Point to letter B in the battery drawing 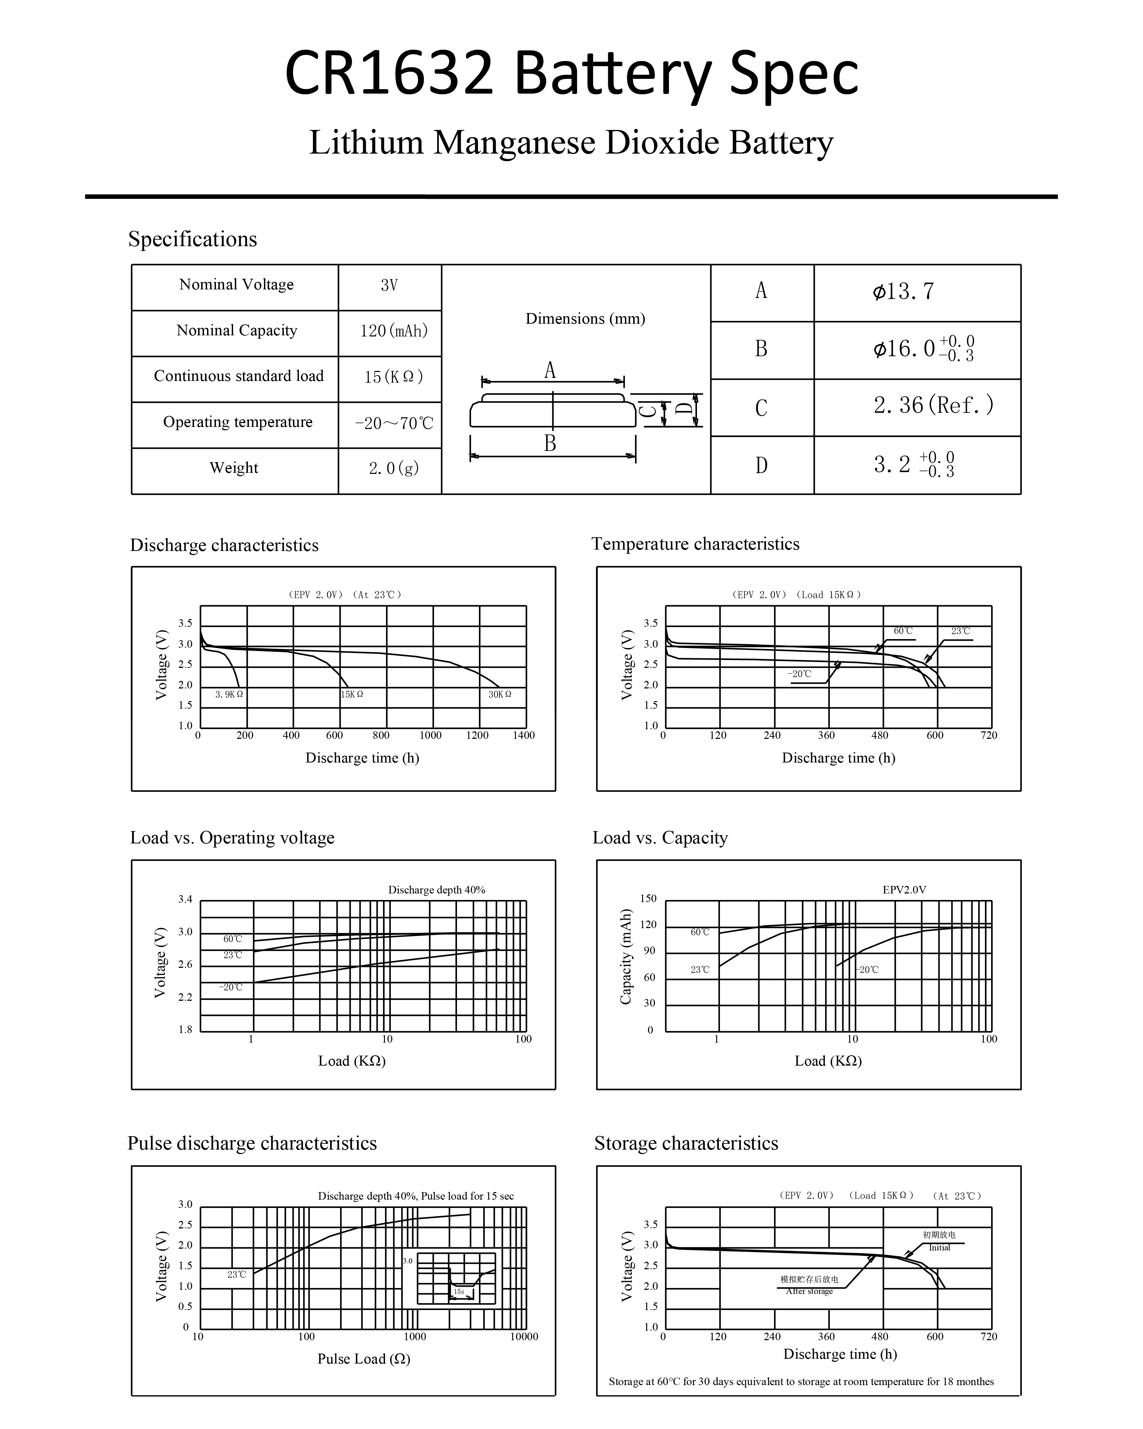(550, 443)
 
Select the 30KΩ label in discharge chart (500, 695)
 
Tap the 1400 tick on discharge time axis (524, 735)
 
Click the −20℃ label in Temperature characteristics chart (799, 674)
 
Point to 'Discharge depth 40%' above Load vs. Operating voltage (437, 890)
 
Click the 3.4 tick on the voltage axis (185, 899)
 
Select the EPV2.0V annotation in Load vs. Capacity (904, 890)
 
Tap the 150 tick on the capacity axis (648, 899)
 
